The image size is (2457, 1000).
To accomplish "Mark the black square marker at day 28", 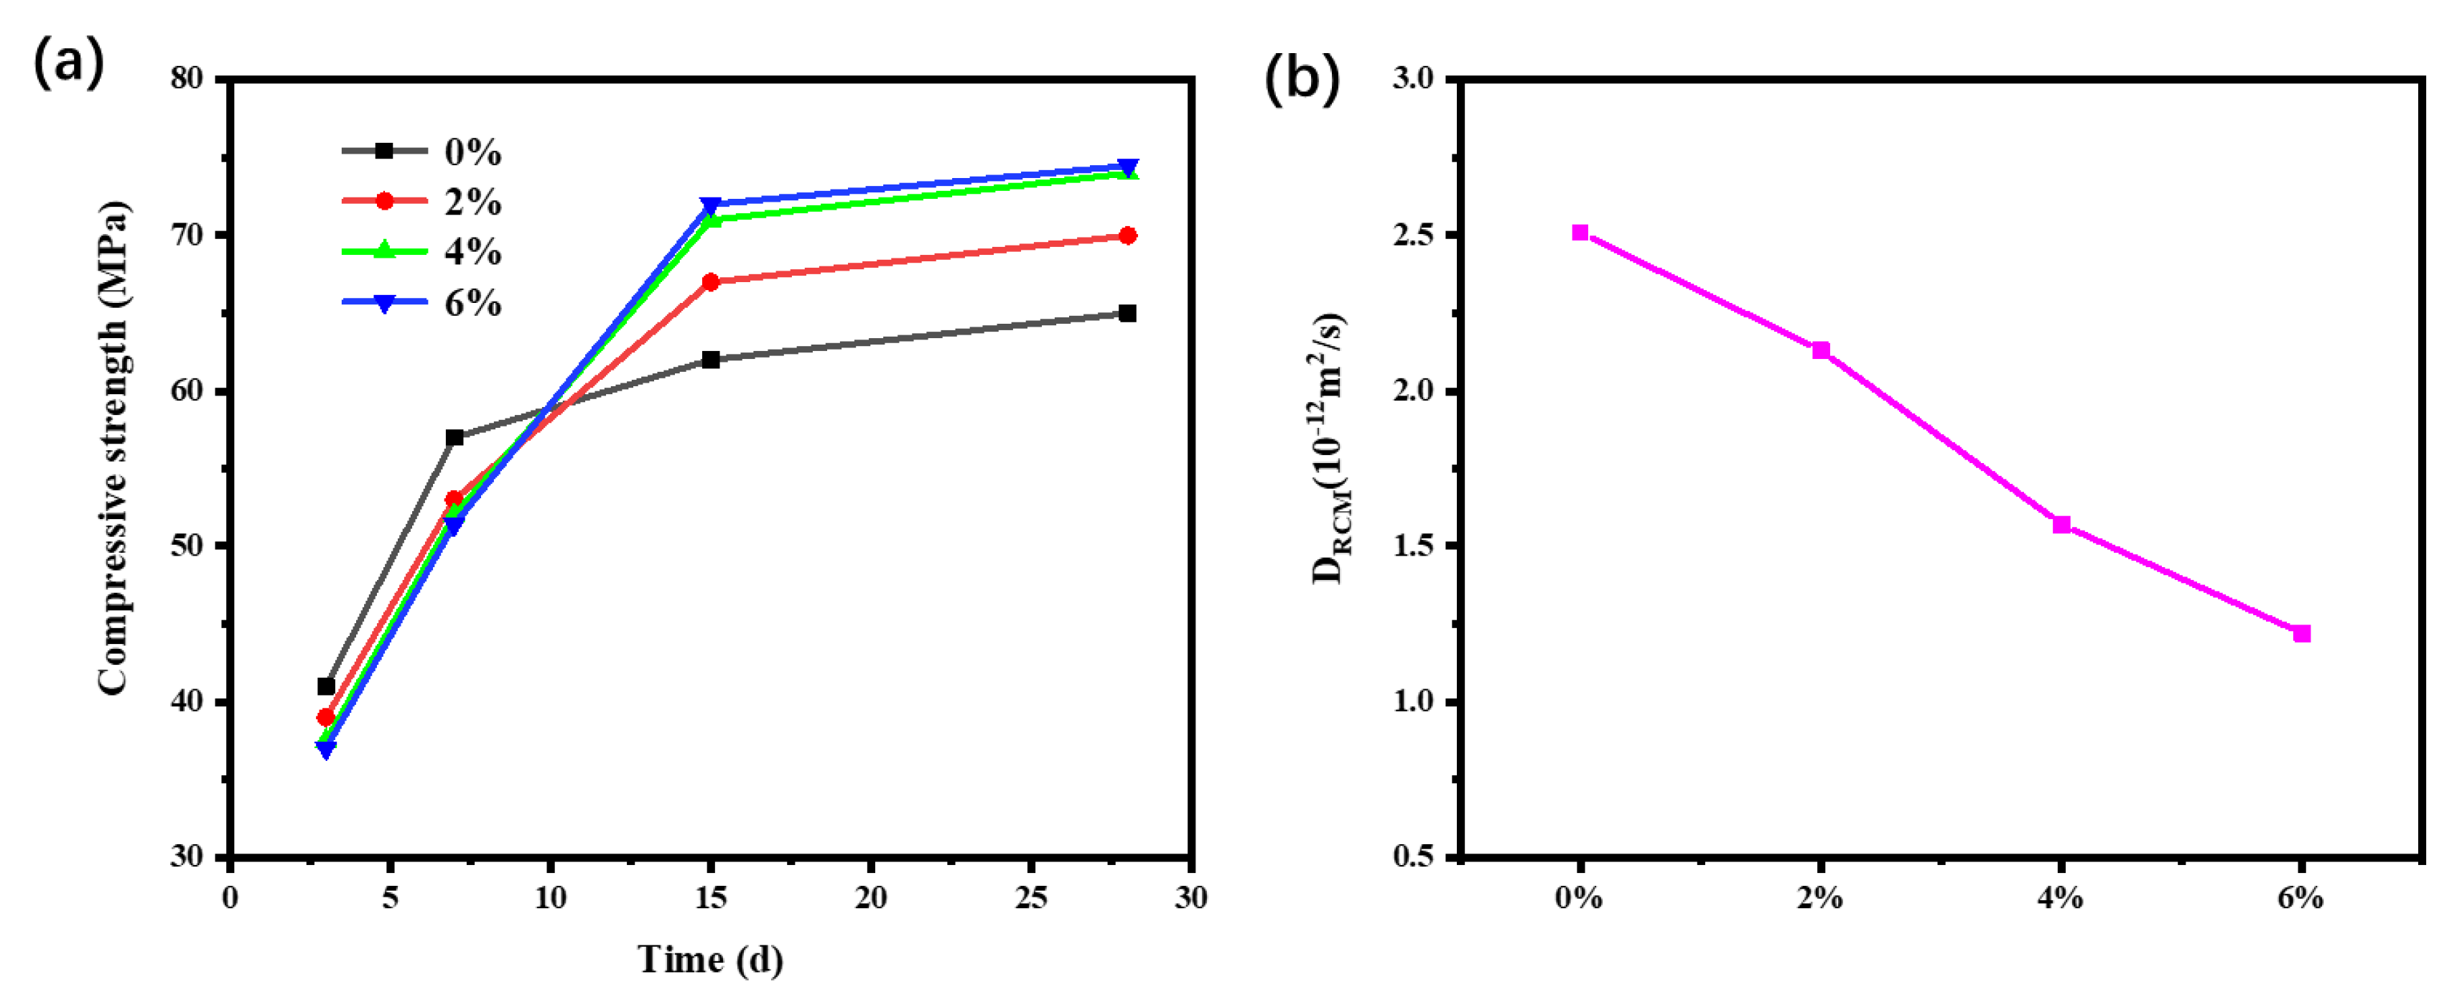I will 1127,314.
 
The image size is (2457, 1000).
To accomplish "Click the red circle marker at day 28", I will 1127,235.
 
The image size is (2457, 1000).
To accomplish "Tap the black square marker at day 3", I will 326,686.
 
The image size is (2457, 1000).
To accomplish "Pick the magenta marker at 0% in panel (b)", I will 1580,233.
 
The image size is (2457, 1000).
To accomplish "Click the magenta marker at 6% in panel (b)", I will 2301,634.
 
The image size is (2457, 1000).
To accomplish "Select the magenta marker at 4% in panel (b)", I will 2061,524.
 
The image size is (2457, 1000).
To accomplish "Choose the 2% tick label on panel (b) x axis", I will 1820,898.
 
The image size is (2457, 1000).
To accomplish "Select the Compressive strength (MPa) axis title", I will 113,448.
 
